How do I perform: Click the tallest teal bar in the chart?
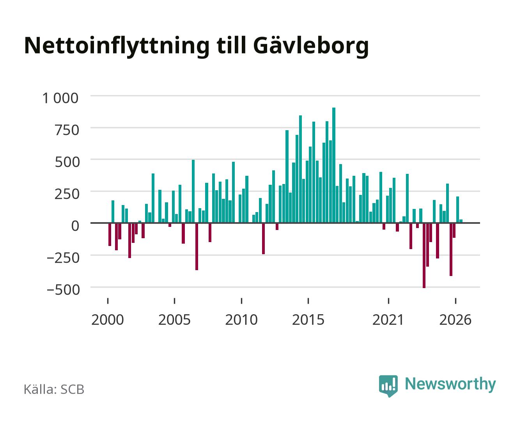[334, 165]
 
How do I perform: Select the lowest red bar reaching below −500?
[424, 255]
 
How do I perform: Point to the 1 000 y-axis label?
[60, 98]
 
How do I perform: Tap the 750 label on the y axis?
[67, 130]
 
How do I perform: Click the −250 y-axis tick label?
[63, 258]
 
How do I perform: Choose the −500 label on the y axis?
[63, 290]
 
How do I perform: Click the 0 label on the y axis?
[75, 226]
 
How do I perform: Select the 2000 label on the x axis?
[108, 320]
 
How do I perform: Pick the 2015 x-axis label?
[308, 320]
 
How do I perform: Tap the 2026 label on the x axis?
[455, 320]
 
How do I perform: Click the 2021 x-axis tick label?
[388, 320]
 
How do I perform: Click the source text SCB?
[73, 389]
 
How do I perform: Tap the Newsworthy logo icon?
[388, 386]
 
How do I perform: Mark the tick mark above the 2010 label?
[241, 301]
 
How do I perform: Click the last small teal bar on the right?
[461, 221]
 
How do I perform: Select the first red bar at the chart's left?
[110, 234]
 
